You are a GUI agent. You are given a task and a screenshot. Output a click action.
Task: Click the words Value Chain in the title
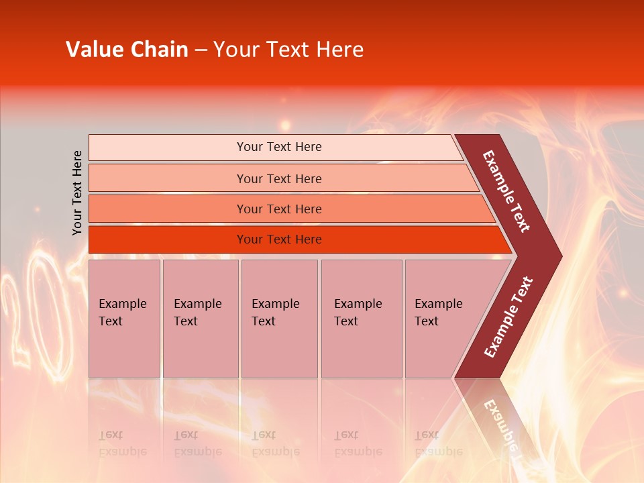tap(127, 50)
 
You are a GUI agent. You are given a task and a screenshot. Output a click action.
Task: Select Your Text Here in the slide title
tap(288, 50)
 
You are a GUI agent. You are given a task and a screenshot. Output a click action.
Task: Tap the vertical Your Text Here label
tap(78, 193)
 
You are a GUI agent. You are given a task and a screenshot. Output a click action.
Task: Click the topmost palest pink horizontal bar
tap(168, 148)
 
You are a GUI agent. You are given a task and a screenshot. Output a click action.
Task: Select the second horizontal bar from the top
tap(168, 178)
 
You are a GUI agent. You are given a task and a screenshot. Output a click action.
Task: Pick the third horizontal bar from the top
tap(168, 209)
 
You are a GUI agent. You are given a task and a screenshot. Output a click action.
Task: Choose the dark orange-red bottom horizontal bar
tap(168, 239)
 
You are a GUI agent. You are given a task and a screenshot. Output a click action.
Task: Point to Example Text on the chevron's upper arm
tap(506, 191)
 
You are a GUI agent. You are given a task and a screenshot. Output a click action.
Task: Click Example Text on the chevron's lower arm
tap(508, 317)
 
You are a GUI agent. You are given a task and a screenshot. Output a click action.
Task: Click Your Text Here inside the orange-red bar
tap(279, 239)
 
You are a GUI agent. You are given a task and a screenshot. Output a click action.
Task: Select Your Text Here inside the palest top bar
tap(279, 147)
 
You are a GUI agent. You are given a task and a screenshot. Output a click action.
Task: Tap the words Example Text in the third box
tap(275, 313)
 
